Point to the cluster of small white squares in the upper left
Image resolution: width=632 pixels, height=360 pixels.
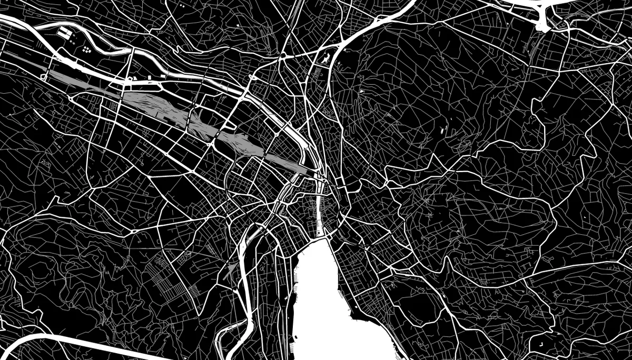click(x=86, y=49)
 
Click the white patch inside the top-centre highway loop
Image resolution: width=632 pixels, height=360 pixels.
click(x=324, y=58)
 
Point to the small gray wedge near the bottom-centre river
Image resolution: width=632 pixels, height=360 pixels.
click(x=228, y=271)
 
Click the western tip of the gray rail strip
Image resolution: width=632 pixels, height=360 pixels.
click(x=50, y=74)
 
